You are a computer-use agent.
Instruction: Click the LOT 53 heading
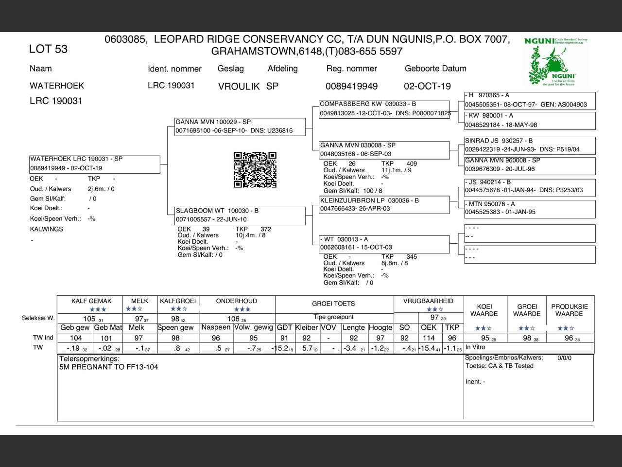coord(48,49)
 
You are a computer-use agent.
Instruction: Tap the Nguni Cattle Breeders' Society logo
coord(556,62)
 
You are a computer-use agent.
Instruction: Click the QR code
coord(255,170)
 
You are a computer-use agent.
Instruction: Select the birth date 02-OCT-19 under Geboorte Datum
coord(427,86)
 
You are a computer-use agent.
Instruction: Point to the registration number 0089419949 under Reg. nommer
coord(351,86)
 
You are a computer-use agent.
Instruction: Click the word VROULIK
coord(239,87)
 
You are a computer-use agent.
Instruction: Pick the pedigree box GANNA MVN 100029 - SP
coord(240,126)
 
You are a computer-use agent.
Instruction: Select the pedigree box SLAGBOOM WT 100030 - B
coord(240,215)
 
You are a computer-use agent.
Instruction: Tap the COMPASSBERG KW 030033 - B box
coord(384,108)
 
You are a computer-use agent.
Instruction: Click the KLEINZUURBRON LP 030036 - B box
coord(384,204)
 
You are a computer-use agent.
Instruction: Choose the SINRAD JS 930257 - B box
coord(529,145)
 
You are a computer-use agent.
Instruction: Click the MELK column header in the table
coord(139,301)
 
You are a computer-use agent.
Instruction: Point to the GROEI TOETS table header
coord(333,304)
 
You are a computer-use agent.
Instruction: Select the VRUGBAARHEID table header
coord(428,301)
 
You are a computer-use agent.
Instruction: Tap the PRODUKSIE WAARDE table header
coord(570,310)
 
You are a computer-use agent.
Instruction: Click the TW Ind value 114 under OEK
coord(429,338)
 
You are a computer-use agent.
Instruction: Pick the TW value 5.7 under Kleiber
coord(308,348)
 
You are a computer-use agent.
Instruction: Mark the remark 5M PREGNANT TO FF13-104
coord(108,367)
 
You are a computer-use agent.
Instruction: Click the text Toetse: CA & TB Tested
coord(500,366)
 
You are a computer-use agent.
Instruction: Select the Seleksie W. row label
coord(38,318)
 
